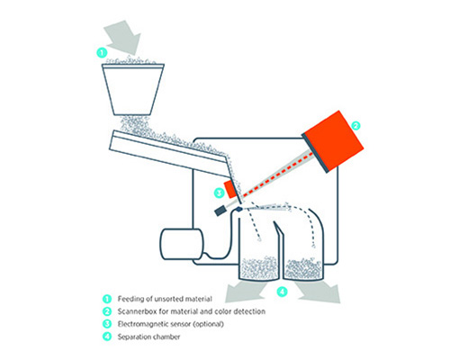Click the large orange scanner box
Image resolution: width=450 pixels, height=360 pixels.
tap(333, 141)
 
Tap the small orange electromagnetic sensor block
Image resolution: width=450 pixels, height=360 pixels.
tap(230, 189)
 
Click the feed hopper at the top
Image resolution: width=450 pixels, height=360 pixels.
tap(133, 89)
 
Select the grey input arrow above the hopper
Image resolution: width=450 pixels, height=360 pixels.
tap(123, 37)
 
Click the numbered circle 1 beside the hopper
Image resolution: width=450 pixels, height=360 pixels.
tap(102, 53)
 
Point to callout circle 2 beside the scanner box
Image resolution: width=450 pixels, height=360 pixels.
tap(355, 126)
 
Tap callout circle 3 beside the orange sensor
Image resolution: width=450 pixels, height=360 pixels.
tap(219, 193)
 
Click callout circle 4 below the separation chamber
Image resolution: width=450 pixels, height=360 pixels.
tap(282, 292)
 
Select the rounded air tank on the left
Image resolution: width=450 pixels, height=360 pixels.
tap(182, 244)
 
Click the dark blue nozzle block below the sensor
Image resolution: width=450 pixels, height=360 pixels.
tap(220, 211)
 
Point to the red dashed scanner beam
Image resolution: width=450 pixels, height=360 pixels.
tap(276, 175)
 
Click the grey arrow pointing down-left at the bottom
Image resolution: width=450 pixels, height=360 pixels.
tap(245, 290)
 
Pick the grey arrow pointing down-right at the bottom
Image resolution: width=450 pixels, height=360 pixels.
tap(319, 292)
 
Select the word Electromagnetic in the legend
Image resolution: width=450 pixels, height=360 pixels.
tap(142, 324)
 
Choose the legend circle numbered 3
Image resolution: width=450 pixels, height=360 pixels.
tap(107, 324)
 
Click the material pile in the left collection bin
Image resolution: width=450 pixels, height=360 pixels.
tap(260, 267)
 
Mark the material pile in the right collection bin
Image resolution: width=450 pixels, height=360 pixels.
tap(303, 268)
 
